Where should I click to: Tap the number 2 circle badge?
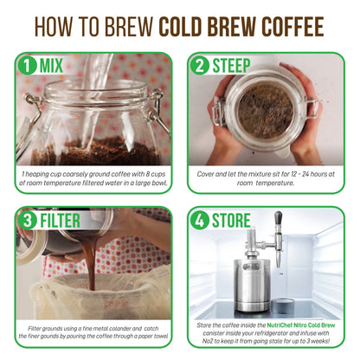(x=202, y=66)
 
